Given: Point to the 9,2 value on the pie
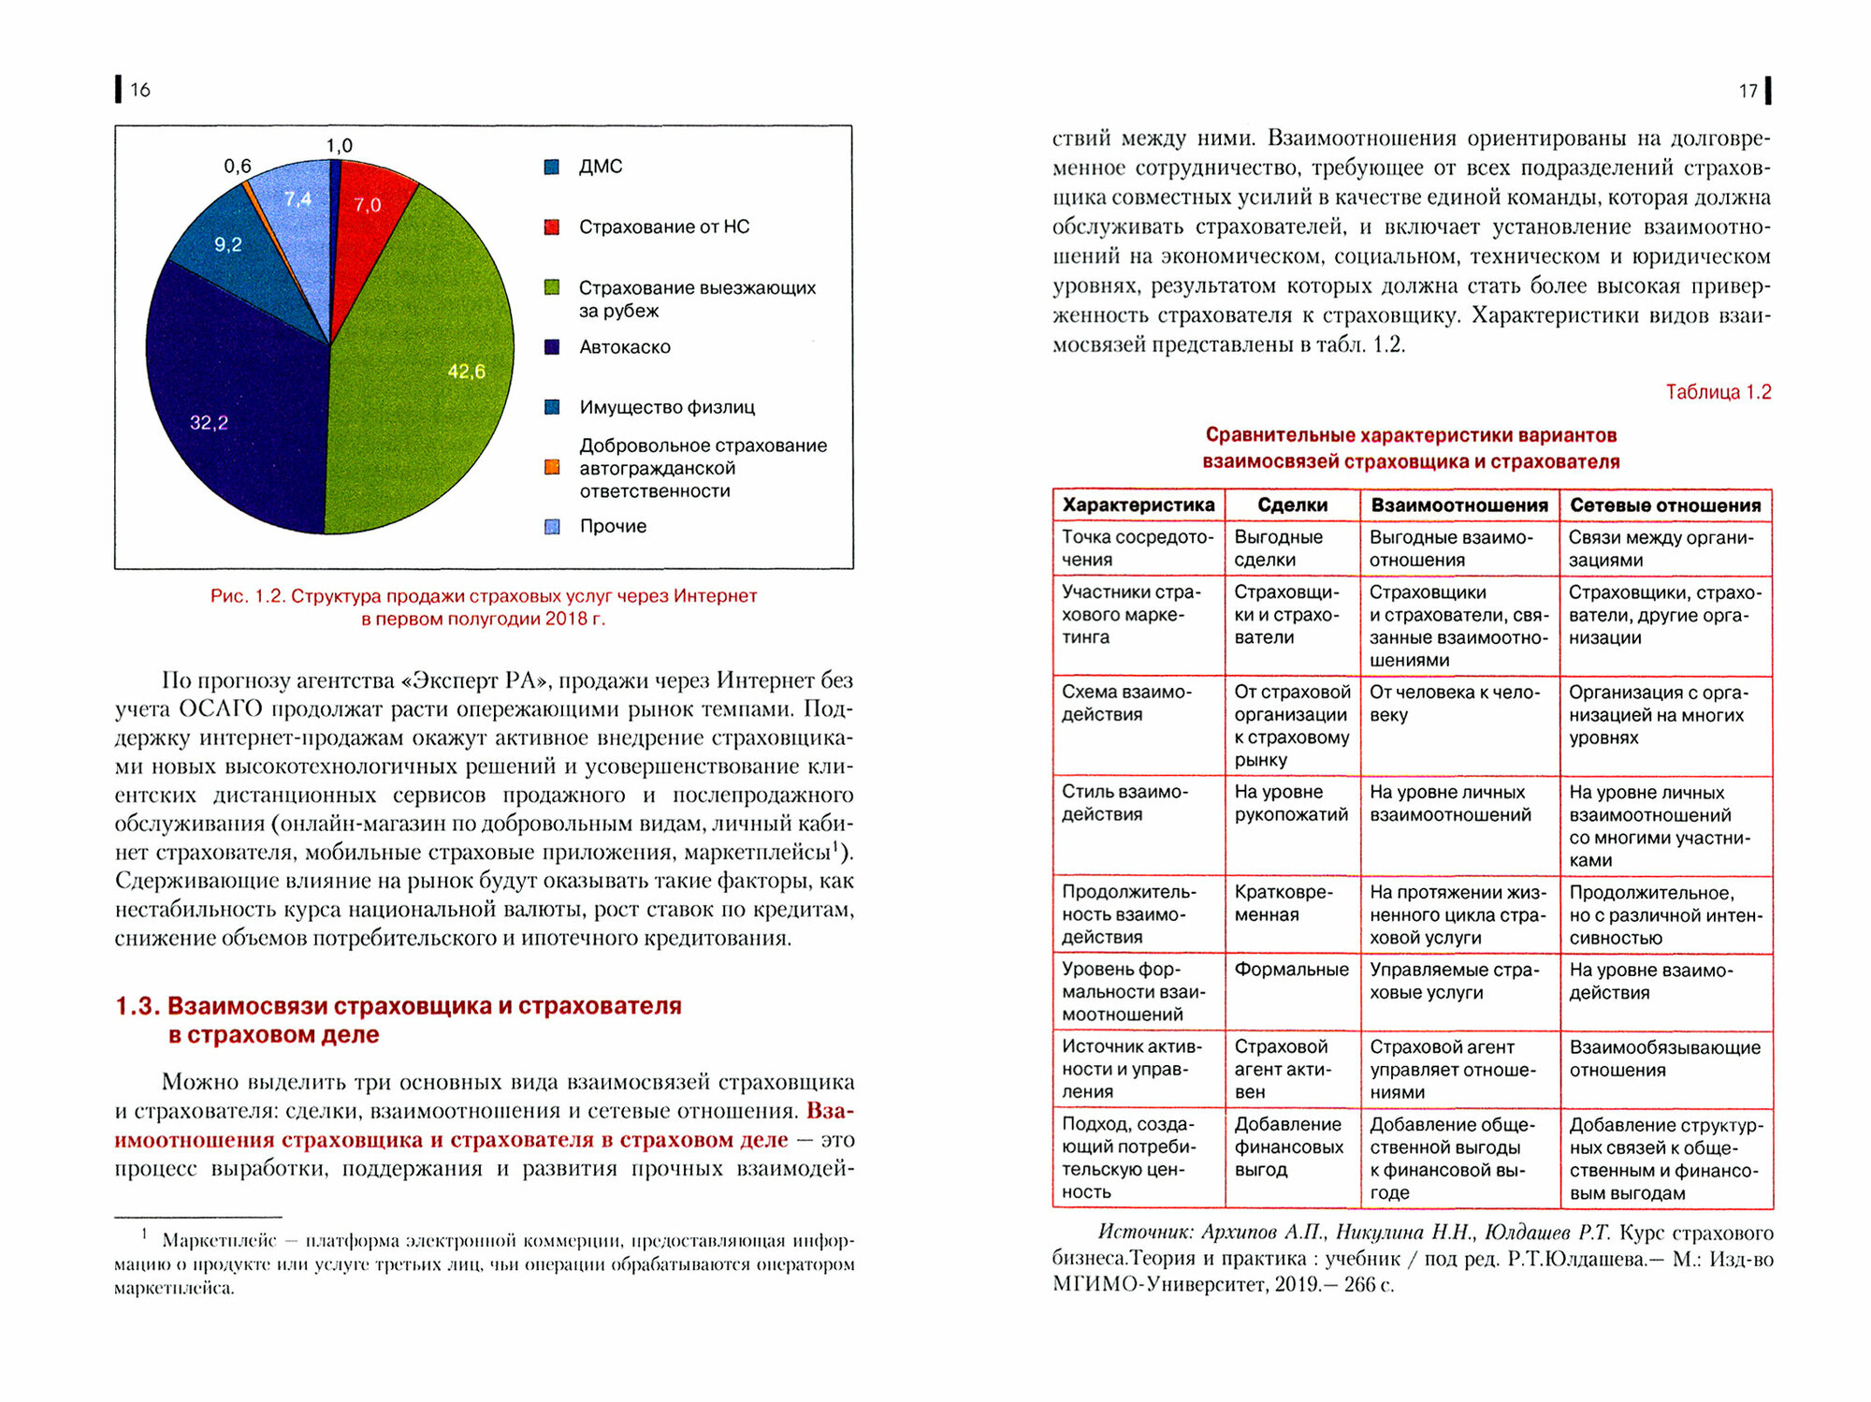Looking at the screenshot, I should [x=227, y=245].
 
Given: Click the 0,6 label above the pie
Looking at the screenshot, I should [x=237, y=167].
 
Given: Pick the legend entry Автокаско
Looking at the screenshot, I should [x=624, y=347].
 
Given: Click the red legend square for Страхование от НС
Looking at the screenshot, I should [x=552, y=227].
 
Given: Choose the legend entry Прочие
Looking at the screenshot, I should [x=613, y=526].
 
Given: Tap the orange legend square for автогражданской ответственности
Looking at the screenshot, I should [x=552, y=468].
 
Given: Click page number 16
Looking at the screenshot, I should [x=140, y=90].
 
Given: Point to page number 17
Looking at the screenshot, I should [x=1748, y=91].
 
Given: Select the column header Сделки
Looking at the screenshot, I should [x=1292, y=505].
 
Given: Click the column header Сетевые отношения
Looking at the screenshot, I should [x=1665, y=505].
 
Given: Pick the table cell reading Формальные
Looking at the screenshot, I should [x=1291, y=970].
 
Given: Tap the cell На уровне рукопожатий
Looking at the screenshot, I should [x=1291, y=803].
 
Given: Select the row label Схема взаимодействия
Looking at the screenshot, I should [x=1126, y=703].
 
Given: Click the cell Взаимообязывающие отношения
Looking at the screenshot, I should [x=1664, y=1059].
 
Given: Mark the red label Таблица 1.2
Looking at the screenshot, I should [x=1718, y=392].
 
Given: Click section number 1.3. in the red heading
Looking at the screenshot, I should [x=137, y=1006].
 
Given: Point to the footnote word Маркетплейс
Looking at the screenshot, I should [x=219, y=1241].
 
